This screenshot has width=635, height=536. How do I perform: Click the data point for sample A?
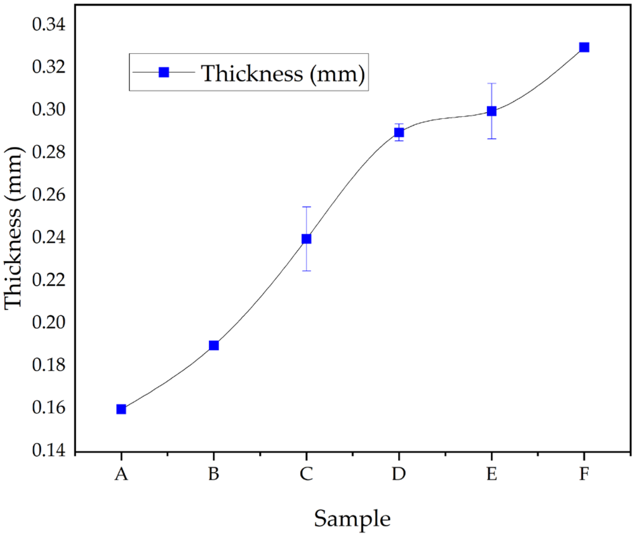tap(121, 409)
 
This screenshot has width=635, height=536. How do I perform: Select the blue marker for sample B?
tap(214, 345)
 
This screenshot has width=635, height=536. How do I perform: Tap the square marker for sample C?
tap(306, 239)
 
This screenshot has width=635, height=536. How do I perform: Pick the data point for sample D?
tap(399, 132)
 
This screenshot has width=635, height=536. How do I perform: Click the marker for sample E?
tap(492, 111)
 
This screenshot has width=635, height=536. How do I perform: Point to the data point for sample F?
tap(584, 47)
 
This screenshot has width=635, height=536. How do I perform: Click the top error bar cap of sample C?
tap(306, 207)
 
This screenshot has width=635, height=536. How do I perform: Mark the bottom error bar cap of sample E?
tap(492, 139)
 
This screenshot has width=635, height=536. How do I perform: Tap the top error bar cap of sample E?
tap(492, 84)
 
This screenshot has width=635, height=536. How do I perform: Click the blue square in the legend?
tap(164, 72)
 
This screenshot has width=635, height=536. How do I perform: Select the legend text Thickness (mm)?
tap(283, 73)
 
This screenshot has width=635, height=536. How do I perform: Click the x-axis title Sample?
tap(352, 519)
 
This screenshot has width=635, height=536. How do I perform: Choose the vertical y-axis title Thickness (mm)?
tap(13, 228)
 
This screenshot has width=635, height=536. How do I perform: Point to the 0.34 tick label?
tap(49, 25)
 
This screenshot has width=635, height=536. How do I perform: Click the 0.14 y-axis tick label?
tap(49, 450)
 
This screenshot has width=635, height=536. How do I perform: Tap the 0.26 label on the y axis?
tap(49, 195)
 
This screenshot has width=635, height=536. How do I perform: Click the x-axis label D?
tap(399, 474)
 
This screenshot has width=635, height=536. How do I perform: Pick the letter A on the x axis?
tap(121, 474)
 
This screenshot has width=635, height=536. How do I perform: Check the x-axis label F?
tap(584, 474)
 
